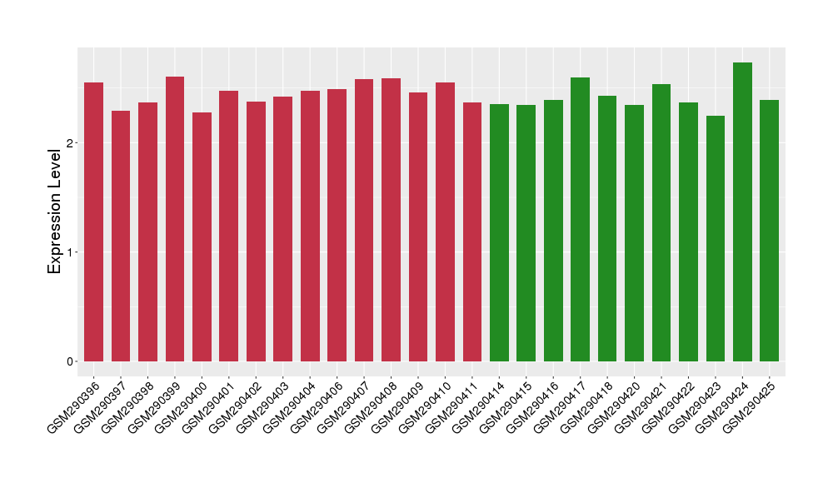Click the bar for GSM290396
coord(94,222)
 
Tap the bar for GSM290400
coord(202,237)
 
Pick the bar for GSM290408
coord(391,220)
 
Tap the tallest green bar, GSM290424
coord(742,212)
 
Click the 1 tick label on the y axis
coord(72,252)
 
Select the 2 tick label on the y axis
coord(72,142)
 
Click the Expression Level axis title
coord(55,207)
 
